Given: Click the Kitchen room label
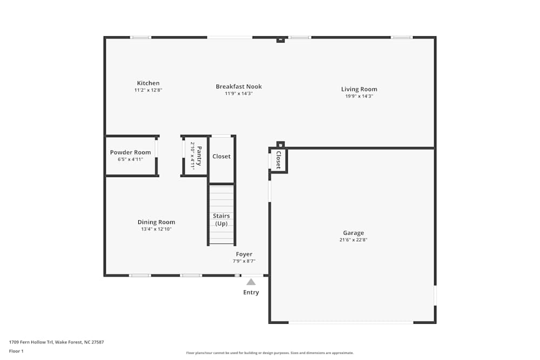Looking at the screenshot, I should tap(148, 83).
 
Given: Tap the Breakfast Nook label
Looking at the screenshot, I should tap(239, 86).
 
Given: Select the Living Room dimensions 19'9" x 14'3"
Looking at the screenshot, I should tap(359, 96).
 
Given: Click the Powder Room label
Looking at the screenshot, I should tap(130, 152).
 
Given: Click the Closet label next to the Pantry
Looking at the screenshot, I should tap(221, 157).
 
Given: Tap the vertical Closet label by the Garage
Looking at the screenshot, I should tap(279, 160).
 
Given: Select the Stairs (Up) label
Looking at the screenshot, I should tap(221, 220).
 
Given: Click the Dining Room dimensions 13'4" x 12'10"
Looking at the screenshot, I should tap(156, 229).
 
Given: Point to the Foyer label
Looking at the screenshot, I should tap(244, 254).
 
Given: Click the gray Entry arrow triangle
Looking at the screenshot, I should tap(251, 282).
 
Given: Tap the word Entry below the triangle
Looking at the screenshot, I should tap(251, 293).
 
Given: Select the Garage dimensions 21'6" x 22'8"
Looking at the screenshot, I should tap(354, 240).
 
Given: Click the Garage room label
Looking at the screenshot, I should tap(354, 233).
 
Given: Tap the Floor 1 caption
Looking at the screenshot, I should tap(16, 351).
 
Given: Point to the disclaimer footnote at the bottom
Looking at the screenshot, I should tap(270, 353).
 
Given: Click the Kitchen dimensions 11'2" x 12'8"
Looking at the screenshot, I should tap(148, 90).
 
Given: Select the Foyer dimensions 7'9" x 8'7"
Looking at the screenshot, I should tap(244, 261).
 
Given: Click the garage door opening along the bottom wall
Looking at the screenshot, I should tap(351, 322).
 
